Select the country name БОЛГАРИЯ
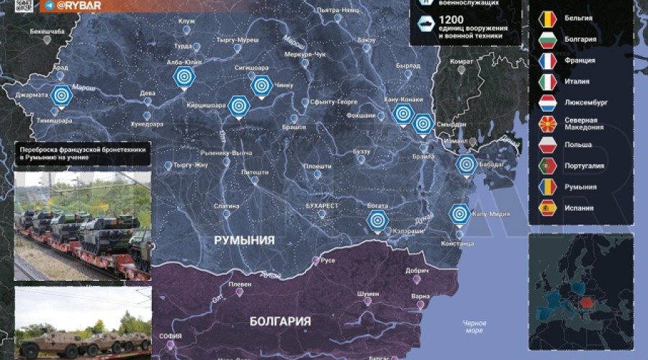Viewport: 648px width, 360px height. click(x=280, y=321)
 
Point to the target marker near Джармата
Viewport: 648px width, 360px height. click(x=61, y=94)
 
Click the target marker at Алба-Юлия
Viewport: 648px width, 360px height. click(x=184, y=76)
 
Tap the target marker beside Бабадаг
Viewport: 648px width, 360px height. click(x=466, y=165)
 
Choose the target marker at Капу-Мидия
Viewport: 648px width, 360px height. click(x=459, y=214)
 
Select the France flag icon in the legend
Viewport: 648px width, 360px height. click(x=549, y=60)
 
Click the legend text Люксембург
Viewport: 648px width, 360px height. click(x=586, y=102)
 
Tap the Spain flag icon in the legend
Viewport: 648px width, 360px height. click(x=549, y=208)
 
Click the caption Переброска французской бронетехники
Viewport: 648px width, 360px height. click(x=84, y=148)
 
